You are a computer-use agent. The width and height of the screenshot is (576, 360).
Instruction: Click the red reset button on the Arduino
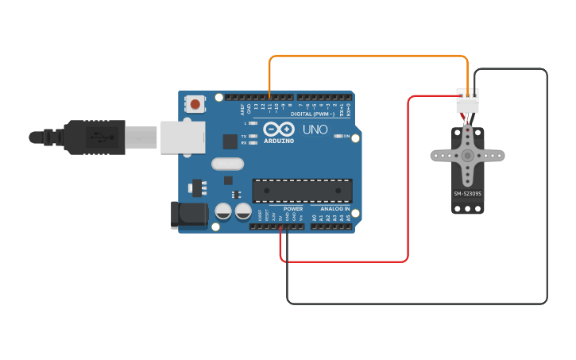point(195,103)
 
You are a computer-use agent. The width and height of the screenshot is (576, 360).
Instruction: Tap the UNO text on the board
point(315,129)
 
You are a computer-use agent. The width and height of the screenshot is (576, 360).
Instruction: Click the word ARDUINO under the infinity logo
point(278,141)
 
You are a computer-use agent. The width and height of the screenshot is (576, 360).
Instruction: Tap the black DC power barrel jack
point(189,214)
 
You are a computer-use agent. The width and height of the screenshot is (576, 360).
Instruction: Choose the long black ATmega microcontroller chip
point(302,191)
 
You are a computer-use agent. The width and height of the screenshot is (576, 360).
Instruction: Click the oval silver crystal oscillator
point(227,165)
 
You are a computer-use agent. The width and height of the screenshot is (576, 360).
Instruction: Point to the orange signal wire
point(365,56)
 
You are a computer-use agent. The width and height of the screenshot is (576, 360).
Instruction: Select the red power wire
point(408,183)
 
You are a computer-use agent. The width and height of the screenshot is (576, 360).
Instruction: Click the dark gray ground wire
point(547,191)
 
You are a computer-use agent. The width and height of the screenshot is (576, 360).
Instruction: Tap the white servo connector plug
point(467,103)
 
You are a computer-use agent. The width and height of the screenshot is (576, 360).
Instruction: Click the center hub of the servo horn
point(467,156)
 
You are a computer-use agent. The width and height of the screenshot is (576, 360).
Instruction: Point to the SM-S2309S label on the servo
point(467,193)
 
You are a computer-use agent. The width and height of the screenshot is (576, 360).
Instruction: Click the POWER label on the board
point(293,209)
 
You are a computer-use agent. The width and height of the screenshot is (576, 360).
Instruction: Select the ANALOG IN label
point(335,209)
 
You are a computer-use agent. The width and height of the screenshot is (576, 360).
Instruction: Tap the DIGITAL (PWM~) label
point(312,114)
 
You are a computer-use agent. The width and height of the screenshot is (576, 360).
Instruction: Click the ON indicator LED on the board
point(338,136)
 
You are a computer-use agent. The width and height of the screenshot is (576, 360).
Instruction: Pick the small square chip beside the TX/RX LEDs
point(230,141)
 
